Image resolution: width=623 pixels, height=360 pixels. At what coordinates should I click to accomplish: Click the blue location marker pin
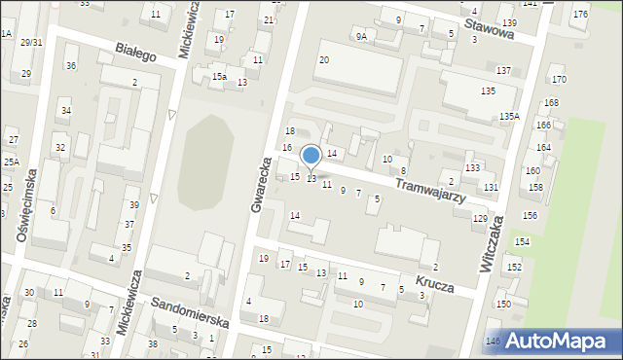pyautogui.click(x=311, y=156)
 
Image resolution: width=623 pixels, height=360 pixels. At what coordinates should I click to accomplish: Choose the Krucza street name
pyautogui.click(x=436, y=278)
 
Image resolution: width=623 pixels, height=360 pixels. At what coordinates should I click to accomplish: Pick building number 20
pyautogui.click(x=324, y=60)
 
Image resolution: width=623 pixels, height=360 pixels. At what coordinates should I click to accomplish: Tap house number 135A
pyautogui.click(x=510, y=116)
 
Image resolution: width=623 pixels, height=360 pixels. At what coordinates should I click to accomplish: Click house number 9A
pyautogui.click(x=361, y=37)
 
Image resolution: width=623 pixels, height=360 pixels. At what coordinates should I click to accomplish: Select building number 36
pyautogui.click(x=71, y=65)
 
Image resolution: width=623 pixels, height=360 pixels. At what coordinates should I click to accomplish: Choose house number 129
pyautogui.click(x=480, y=219)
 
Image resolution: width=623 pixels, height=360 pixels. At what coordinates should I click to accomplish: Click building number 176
pyautogui.click(x=580, y=14)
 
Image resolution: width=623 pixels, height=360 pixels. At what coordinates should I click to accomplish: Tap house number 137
pyautogui.click(x=503, y=71)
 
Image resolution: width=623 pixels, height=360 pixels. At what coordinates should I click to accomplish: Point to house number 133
pyautogui.click(x=472, y=168)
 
